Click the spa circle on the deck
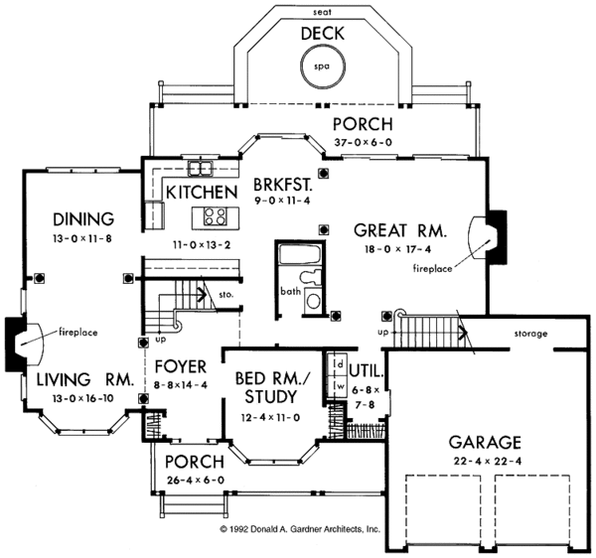[321, 68]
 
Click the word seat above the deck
[321, 11]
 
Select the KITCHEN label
[202, 192]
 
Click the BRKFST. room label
[283, 185]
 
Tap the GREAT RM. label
[400, 229]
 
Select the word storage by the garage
[530, 334]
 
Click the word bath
[290, 292]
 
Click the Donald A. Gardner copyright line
[299, 530]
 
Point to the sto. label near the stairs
[226, 295]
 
